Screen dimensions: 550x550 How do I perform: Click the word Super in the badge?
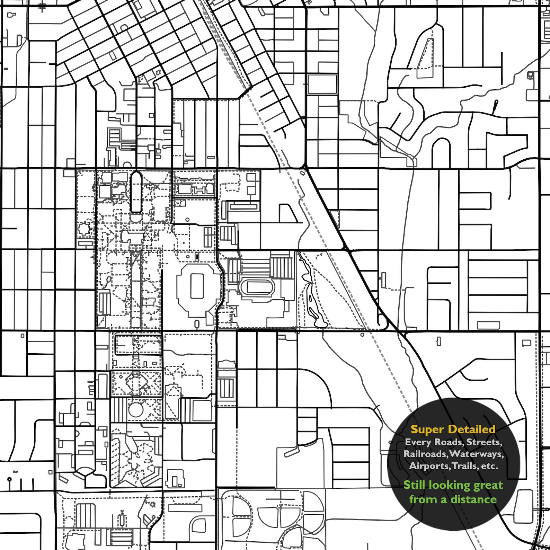[427, 429]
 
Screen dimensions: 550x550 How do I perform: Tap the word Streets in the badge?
[484, 442]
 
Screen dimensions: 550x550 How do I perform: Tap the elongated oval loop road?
[136, 192]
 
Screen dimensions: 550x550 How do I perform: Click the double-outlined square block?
[322, 84]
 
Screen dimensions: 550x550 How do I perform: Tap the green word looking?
[448, 485]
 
